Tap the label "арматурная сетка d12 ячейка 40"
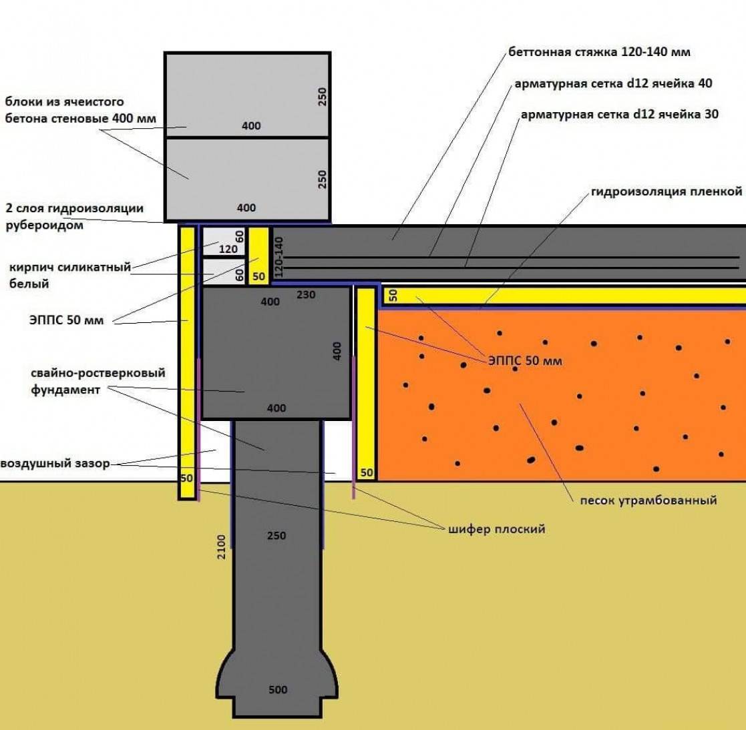613,83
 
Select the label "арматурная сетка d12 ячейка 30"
619,114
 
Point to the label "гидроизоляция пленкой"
666,192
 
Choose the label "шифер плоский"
496,528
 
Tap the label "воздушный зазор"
55,463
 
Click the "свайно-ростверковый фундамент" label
98,381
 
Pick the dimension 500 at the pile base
278,689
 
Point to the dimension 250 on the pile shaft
276,535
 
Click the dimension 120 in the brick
228,249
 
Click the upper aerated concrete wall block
247,95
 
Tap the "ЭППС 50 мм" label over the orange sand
525,360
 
